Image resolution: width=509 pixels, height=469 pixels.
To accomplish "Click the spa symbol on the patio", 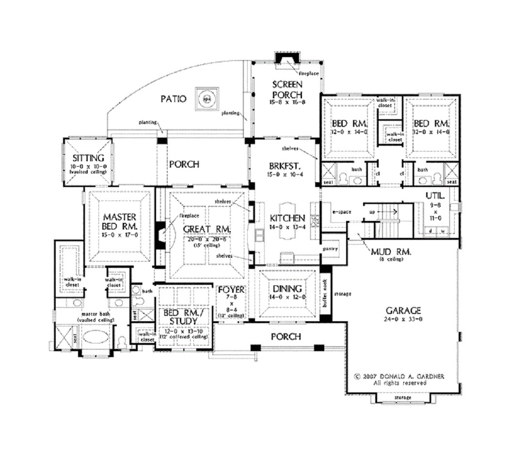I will pos(207,99).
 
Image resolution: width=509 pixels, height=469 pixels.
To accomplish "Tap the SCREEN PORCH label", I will pos(286,88).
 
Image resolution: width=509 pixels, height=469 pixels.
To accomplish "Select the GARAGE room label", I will pos(403,311).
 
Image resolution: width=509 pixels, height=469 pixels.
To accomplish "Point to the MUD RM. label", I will pos(391,252).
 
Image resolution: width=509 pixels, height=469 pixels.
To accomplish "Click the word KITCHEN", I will pos(287,218).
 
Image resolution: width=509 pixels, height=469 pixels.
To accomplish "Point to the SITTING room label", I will pos(88,157).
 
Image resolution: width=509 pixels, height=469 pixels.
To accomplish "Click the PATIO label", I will pos(173,99).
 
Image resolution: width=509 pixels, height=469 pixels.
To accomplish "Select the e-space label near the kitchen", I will pos(338,212).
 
